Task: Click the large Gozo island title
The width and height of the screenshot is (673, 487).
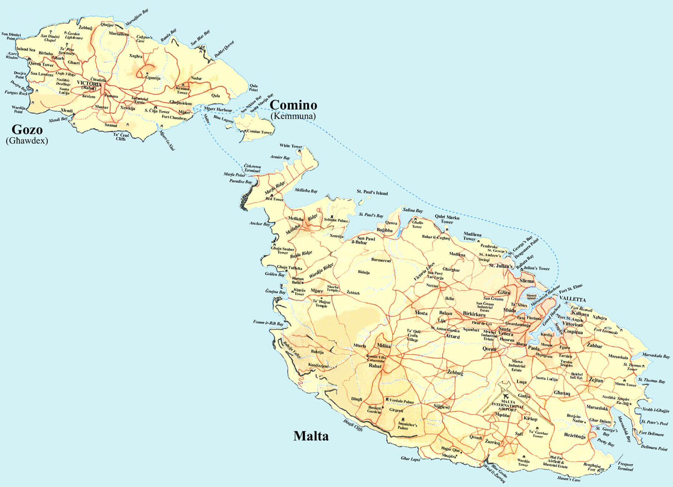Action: pos(27,130)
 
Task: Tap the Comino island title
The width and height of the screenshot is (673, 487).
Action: pos(293,105)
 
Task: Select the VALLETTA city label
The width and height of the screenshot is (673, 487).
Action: pos(572,300)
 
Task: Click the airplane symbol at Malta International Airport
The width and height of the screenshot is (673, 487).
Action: pos(507,396)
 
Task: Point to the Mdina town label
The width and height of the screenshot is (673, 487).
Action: pos(384,346)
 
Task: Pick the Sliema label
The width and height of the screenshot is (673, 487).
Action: pos(526,281)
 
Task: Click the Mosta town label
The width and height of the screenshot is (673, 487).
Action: pos(421,313)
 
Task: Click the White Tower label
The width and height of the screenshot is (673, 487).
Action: pos(291,146)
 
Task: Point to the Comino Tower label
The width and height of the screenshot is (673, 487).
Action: pos(259,132)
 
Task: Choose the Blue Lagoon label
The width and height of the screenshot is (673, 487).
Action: pos(223,119)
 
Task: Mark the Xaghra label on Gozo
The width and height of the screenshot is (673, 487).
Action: pos(135,56)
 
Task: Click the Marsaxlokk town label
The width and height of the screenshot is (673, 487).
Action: pos(597,408)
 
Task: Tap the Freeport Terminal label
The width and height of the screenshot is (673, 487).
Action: pos(625,466)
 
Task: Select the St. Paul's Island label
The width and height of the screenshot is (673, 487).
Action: pos(372,192)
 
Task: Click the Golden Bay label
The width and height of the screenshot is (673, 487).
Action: pos(275,274)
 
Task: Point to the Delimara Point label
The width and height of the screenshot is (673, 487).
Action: pos(654,448)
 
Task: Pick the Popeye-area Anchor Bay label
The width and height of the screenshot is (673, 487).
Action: pos(259,223)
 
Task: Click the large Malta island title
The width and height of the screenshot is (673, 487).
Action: pos(311,436)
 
